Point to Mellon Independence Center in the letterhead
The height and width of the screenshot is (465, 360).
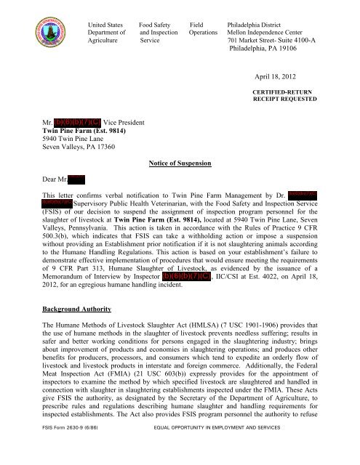[x=270, y=32]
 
